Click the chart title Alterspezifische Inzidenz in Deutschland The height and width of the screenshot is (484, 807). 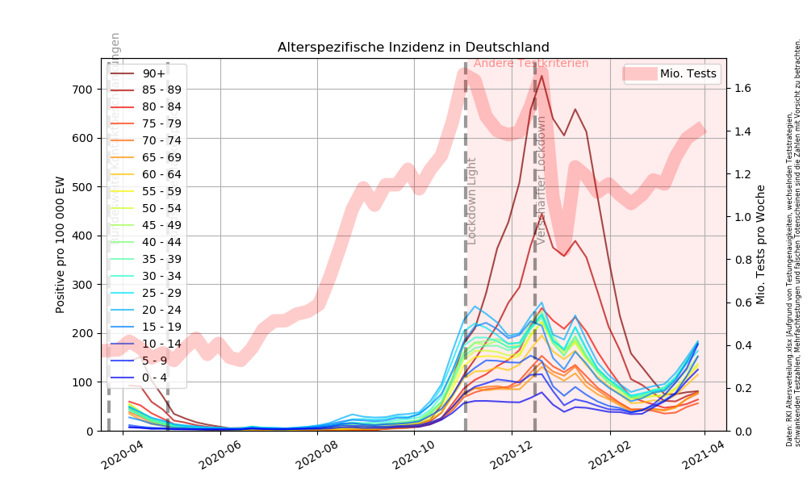413,48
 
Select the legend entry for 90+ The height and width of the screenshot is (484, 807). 148,73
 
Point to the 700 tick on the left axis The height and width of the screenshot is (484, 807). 84,89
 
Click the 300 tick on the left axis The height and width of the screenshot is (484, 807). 84,285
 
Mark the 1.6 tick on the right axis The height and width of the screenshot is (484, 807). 742,88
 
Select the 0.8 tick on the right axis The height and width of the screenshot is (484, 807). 742,260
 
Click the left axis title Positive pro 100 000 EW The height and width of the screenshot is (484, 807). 61,244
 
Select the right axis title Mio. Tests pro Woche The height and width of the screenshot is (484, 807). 760,244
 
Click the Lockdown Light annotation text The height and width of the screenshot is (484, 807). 473,201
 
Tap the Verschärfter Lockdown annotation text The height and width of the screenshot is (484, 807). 541,179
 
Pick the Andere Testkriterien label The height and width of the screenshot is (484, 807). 531,63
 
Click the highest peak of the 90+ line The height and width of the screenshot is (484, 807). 541,74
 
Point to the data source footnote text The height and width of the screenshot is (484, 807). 793,242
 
